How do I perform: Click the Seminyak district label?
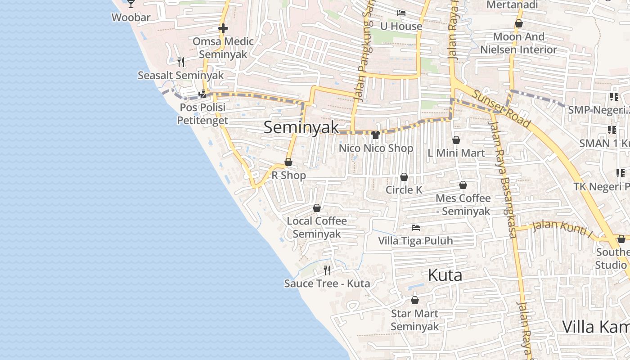(301, 127)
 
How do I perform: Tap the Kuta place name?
(445, 275)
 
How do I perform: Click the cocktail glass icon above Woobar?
(131, 4)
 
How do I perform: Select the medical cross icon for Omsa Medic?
(223, 28)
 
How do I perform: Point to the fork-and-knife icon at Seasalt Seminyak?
(181, 62)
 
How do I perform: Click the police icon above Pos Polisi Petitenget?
(202, 94)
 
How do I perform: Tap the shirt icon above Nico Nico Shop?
(376, 135)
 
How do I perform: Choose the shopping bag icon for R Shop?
(288, 162)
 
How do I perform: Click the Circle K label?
(404, 190)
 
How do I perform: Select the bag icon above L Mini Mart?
(456, 140)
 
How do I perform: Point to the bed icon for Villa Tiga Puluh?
(415, 228)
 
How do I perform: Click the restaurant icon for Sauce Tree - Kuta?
(327, 270)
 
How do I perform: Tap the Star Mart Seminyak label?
(414, 320)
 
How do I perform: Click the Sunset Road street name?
(501, 108)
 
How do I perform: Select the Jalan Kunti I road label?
(562, 228)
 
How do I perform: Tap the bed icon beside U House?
(401, 13)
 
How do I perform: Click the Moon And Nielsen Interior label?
(518, 43)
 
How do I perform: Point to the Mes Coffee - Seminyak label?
(463, 205)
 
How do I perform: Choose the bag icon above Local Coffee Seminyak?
(317, 208)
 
